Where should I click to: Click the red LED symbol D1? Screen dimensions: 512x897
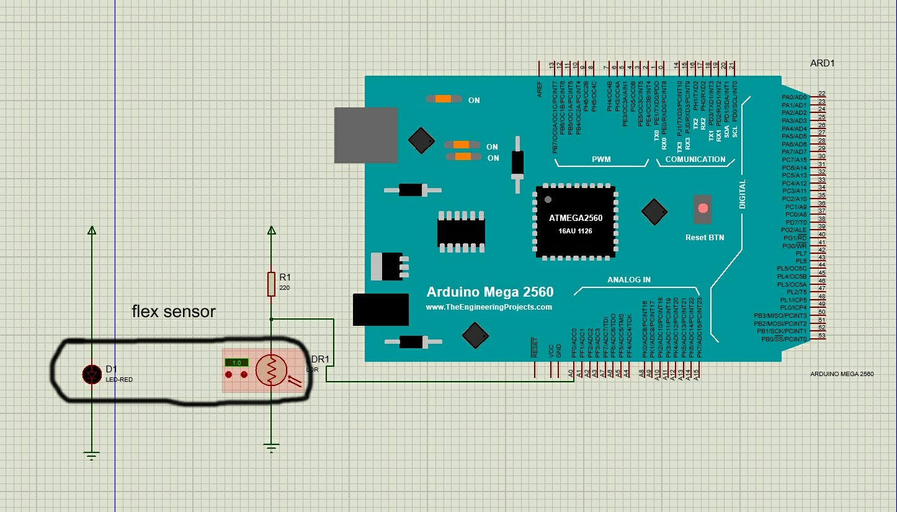click(x=92, y=374)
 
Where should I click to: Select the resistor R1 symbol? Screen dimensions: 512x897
click(x=271, y=284)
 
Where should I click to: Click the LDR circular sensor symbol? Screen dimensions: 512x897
click(x=271, y=371)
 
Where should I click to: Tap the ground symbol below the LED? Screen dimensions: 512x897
click(x=92, y=456)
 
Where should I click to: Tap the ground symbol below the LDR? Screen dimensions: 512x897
click(x=271, y=447)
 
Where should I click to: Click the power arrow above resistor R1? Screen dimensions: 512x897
click(x=271, y=231)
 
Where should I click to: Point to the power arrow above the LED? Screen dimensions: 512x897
click(x=92, y=231)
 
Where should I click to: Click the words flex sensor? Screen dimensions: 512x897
click(x=174, y=312)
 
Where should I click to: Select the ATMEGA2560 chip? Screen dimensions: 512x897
click(x=576, y=222)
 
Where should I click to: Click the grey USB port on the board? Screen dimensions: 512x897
click(x=366, y=135)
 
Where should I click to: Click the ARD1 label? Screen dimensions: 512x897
click(x=823, y=64)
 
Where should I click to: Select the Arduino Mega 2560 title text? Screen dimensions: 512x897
click(x=490, y=292)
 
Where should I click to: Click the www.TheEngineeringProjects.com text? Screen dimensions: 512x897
click(x=489, y=307)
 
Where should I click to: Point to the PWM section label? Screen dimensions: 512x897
click(x=601, y=159)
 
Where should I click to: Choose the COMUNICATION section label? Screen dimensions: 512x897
click(x=695, y=159)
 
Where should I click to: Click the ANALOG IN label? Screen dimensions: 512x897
click(x=629, y=280)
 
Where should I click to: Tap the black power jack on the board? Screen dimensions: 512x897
click(x=380, y=309)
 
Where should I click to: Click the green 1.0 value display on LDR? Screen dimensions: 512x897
click(x=236, y=362)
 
